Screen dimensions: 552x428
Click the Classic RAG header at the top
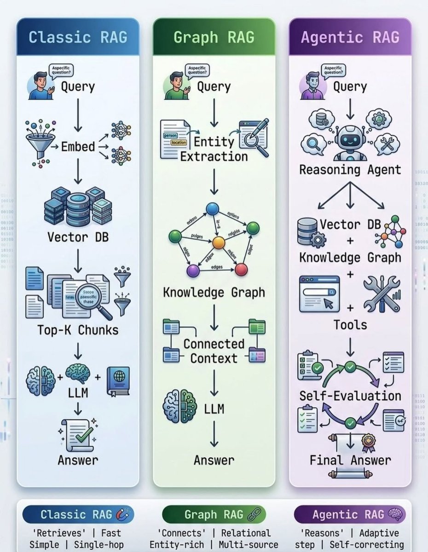78,37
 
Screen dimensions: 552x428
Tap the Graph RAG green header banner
214,37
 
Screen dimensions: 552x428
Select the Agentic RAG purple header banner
350,37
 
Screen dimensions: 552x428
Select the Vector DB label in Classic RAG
78,237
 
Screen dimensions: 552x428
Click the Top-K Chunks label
78,330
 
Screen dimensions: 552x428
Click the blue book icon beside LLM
118,381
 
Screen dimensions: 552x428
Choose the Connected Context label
214,351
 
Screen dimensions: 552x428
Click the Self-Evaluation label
350,396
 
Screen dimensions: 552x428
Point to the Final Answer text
350,460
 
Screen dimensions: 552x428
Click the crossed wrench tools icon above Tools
381,293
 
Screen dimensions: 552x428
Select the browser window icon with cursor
319,293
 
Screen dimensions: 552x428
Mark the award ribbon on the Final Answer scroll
368,442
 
